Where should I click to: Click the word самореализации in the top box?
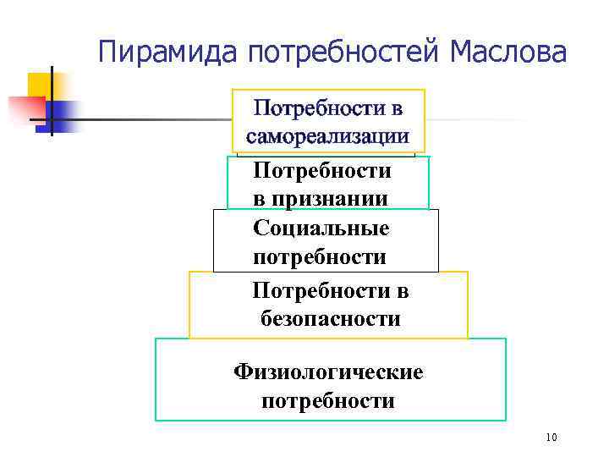pos(327,135)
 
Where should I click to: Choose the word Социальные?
pos(321,228)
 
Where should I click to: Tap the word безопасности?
pos(330,320)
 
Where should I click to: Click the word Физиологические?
pos(329,372)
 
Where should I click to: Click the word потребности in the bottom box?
pos(328,400)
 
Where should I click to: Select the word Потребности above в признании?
pos(321,172)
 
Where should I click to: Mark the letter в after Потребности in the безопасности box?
pos(403,292)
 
